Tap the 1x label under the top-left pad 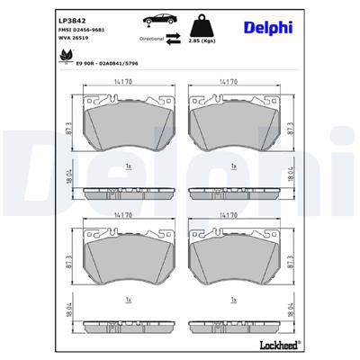[129, 166]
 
